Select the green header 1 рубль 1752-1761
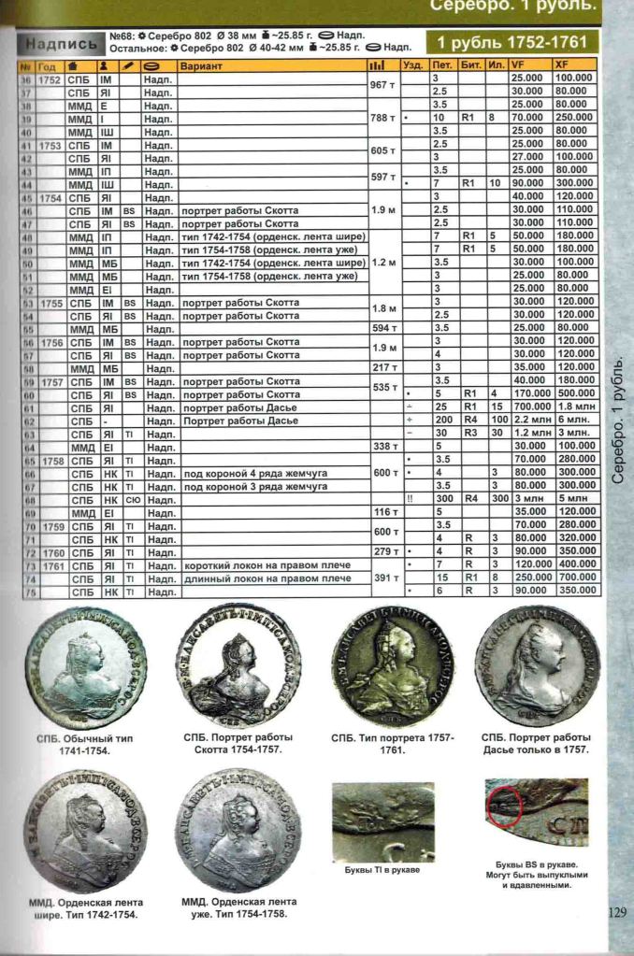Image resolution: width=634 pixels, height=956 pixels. click(512, 42)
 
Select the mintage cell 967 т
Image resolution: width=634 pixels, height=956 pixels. click(381, 84)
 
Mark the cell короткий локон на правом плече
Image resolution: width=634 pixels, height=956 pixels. click(267, 565)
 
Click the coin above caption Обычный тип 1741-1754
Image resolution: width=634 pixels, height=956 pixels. click(85, 667)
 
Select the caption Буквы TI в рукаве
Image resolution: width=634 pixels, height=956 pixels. click(383, 871)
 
